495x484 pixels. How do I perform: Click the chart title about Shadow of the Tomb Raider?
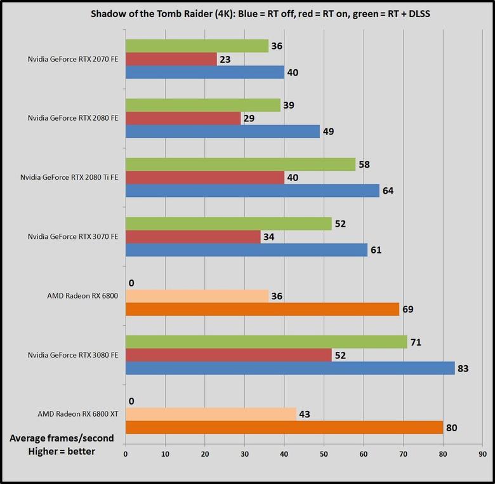tap(247, 15)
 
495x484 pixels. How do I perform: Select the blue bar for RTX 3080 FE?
tap(290, 368)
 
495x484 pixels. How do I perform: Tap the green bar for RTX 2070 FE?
tap(197, 46)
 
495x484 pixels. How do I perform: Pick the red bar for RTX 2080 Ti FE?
tap(204, 177)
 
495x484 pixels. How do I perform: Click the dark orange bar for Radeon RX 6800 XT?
tap(284, 427)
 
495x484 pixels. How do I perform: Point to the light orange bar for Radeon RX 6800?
tap(197, 296)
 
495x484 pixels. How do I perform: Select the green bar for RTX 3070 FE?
tap(228, 224)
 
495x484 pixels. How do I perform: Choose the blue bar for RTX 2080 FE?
tap(223, 131)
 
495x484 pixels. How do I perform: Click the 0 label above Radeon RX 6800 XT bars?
tap(131, 401)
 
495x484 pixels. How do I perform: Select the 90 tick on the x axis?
tap(483, 455)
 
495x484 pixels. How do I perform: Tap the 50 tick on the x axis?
tap(324, 455)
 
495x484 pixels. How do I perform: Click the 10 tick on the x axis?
tap(165, 455)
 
